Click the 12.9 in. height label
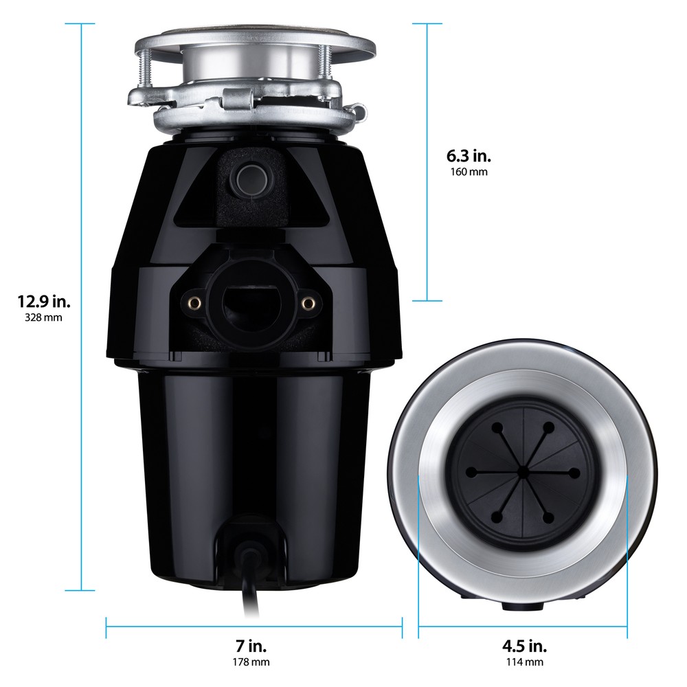coord(44,301)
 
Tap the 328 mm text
coord(44,318)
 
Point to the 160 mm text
coord(470,171)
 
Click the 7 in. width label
coord(251,646)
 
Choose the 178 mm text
coord(251,662)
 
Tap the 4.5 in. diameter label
coord(523,646)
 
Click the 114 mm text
coord(523,662)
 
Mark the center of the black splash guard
coord(523,471)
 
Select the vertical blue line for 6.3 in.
coord(427,162)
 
